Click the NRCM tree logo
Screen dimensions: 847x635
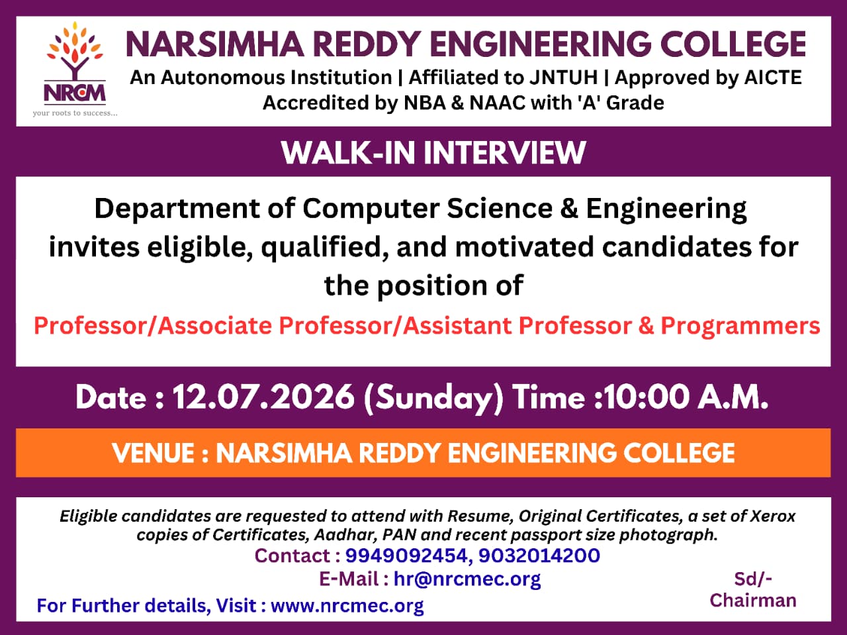click(x=75, y=64)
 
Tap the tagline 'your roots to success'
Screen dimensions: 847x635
click(x=75, y=113)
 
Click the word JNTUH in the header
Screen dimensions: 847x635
click(x=563, y=77)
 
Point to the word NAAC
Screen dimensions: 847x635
click(x=498, y=103)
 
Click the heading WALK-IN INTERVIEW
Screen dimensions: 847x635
click(x=433, y=153)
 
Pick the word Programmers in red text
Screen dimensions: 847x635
click(x=740, y=325)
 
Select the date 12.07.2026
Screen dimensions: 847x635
click(x=263, y=397)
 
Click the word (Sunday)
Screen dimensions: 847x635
click(x=433, y=398)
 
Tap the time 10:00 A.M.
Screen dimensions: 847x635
click(x=686, y=397)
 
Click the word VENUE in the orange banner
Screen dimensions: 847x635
click(x=153, y=453)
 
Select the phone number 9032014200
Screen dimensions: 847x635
click(x=539, y=556)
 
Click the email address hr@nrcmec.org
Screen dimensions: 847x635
click(x=467, y=579)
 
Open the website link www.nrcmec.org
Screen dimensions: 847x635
click(x=347, y=606)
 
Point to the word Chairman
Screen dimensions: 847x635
click(x=753, y=601)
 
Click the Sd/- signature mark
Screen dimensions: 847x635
click(x=753, y=579)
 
